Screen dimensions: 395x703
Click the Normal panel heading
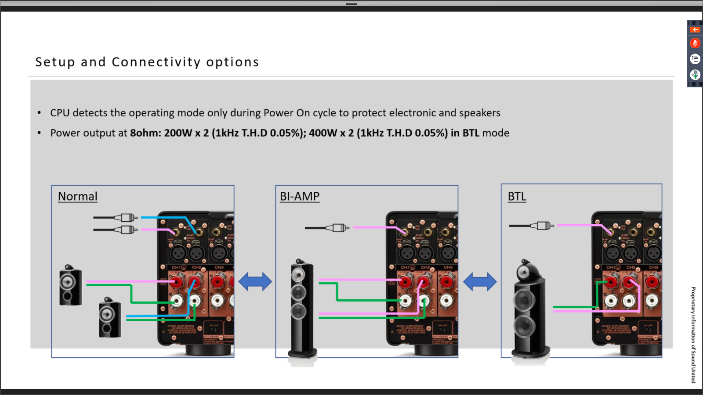tap(78, 197)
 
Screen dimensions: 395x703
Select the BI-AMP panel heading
tap(300, 197)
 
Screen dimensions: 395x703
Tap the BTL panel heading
tap(517, 197)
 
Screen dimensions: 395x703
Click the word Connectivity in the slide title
tap(156, 62)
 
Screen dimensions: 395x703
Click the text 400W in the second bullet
tap(323, 133)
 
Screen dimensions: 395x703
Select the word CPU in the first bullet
tap(60, 113)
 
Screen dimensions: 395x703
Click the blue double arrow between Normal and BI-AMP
tap(255, 282)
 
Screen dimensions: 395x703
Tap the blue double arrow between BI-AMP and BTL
tap(480, 282)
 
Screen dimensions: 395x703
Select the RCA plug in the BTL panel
tap(543, 226)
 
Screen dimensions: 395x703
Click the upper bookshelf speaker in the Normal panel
tap(70, 285)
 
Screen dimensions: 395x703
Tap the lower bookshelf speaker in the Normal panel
tap(109, 317)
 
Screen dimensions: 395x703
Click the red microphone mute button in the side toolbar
tap(695, 43)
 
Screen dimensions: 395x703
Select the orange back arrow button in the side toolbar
tap(695, 30)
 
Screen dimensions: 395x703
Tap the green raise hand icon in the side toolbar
tap(695, 75)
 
